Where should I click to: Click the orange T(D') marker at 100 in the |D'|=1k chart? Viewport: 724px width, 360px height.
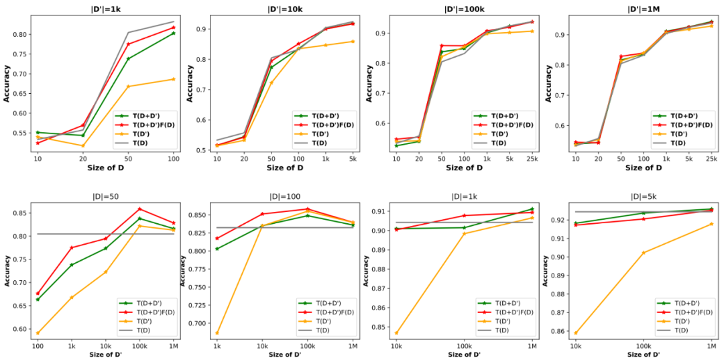(x=174, y=79)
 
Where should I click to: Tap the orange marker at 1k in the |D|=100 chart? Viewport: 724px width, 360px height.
(x=217, y=333)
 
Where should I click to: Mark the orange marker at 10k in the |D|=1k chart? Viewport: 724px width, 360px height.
(x=397, y=333)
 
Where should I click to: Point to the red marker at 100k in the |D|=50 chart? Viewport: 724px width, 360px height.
(x=139, y=208)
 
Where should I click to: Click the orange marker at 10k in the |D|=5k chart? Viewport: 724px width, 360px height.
(x=576, y=333)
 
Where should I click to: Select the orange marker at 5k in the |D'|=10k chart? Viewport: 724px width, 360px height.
(x=353, y=42)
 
